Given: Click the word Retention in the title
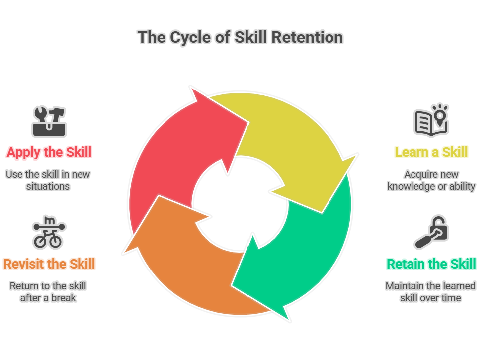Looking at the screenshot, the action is click(x=307, y=37).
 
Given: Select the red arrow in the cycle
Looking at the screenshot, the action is click(x=176, y=151).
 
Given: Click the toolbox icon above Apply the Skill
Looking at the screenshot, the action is click(x=49, y=121).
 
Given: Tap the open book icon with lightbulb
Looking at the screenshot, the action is click(x=431, y=120).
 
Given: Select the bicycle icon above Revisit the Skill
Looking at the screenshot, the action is click(x=49, y=232).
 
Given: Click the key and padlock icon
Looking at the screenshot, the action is click(x=431, y=232).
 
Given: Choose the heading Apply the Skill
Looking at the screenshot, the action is click(x=49, y=153).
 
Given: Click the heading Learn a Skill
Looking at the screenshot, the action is click(x=431, y=152).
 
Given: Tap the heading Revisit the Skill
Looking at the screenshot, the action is click(x=49, y=264).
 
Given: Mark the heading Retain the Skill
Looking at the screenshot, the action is click(x=431, y=264).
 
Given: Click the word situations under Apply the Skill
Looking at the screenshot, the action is click(x=48, y=186).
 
